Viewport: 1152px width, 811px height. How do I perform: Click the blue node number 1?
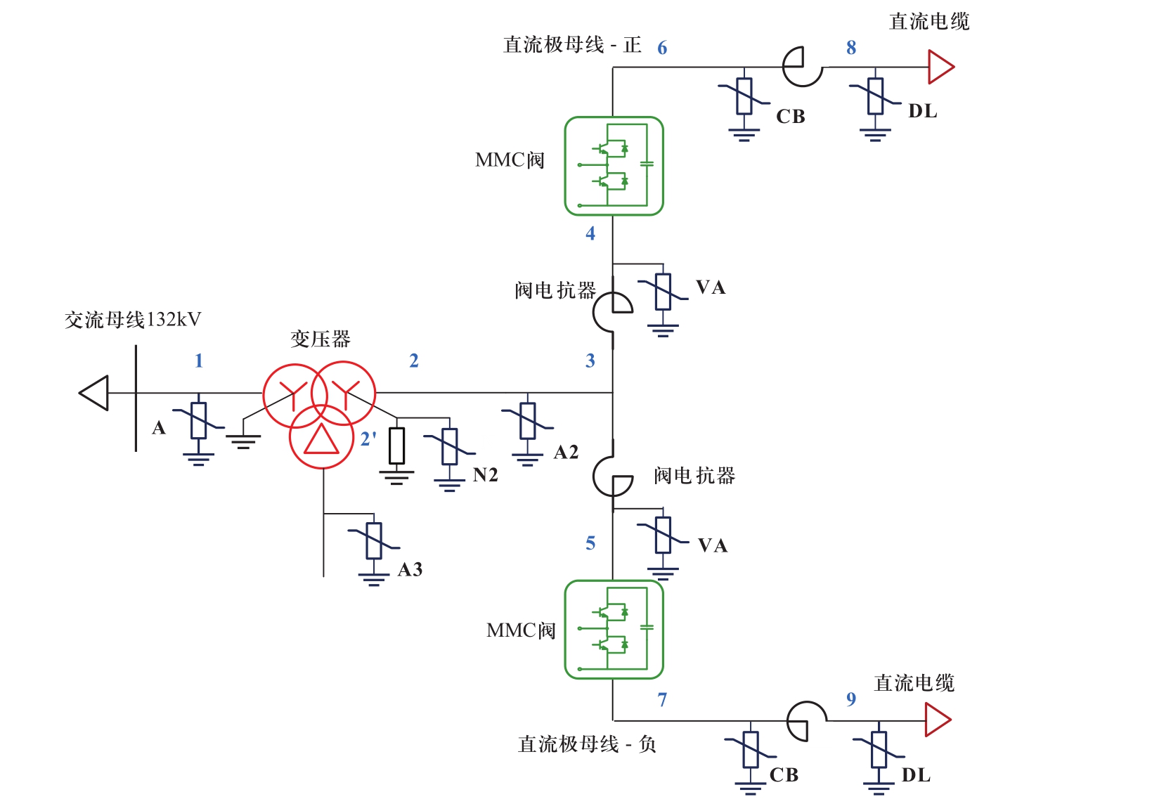[199, 361]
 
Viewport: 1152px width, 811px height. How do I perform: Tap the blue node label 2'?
[368, 439]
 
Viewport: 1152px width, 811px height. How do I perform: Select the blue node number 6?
[662, 48]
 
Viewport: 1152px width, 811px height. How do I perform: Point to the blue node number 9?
[851, 699]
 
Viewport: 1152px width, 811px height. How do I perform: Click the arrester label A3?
[410, 569]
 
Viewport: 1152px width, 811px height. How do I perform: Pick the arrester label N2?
[486, 476]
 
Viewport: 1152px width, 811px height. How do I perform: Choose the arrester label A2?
[566, 453]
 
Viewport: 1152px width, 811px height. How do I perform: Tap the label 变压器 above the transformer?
[321, 339]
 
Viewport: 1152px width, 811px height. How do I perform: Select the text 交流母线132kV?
[133, 320]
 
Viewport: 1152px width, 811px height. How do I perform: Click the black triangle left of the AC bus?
[95, 393]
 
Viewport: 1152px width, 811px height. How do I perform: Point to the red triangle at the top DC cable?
[940, 67]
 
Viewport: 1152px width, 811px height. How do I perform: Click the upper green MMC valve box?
[614, 166]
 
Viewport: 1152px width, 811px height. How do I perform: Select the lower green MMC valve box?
[614, 629]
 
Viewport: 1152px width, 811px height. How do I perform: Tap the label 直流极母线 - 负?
[587, 744]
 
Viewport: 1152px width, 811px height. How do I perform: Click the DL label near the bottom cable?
[916, 775]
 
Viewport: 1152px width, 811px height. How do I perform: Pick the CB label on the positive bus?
[791, 117]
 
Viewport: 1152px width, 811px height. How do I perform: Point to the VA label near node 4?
[711, 287]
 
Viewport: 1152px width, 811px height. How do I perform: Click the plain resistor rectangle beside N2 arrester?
[397, 446]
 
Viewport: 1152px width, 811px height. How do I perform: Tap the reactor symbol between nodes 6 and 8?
[803, 67]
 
